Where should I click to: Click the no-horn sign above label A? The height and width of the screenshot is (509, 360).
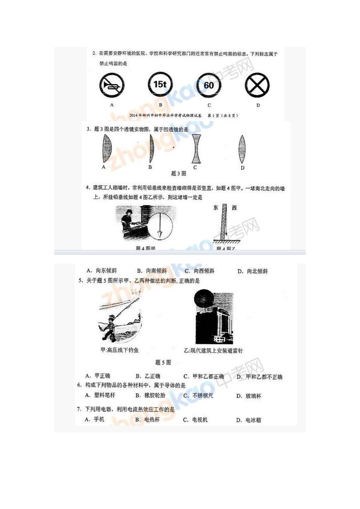point(112,86)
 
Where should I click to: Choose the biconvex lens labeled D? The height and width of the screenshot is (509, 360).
point(242,149)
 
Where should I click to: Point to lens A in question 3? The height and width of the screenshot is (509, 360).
point(106,148)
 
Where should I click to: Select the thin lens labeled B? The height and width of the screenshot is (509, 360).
point(151,148)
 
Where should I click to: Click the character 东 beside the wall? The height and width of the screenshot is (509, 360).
point(216,208)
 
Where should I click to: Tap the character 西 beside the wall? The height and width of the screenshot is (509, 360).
point(234,208)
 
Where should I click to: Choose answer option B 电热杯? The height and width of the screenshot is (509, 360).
point(148,420)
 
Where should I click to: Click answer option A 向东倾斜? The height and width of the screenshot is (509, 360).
point(102,271)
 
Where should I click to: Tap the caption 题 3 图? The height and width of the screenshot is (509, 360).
point(178,173)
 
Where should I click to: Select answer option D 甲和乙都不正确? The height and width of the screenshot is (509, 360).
point(260,377)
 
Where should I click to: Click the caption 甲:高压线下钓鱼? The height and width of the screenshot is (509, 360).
point(120,350)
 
